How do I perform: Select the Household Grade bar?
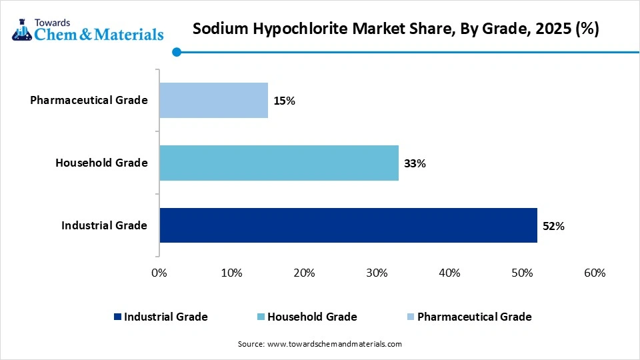279,163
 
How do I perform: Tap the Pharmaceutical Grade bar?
213,100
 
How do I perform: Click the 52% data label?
553,226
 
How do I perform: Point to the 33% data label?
415,163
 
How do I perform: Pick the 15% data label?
284,101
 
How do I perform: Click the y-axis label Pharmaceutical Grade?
89,100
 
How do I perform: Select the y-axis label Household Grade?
101,163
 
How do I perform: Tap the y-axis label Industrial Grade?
104,225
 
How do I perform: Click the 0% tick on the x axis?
159,273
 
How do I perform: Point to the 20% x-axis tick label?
304,273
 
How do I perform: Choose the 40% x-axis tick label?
449,273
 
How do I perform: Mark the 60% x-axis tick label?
594,273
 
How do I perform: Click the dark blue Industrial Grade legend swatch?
117,317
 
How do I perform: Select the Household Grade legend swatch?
261,317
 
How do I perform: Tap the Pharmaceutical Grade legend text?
474,317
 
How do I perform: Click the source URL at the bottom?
334,344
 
